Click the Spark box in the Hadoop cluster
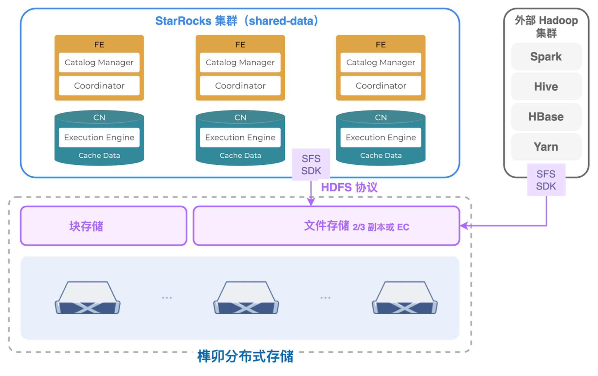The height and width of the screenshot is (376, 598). [x=546, y=57]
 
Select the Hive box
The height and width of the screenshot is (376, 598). [x=546, y=87]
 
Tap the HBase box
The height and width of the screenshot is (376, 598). [x=546, y=117]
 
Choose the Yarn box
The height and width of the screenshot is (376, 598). [x=546, y=147]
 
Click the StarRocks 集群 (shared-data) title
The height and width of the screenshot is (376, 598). [x=237, y=21]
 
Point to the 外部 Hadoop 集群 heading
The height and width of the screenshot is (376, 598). [x=546, y=26]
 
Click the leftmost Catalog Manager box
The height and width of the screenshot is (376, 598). [x=99, y=62]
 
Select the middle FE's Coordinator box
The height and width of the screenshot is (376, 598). [x=240, y=86]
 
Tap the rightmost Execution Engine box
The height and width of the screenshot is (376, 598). [x=381, y=137]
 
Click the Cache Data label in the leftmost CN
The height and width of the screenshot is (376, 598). [x=99, y=156]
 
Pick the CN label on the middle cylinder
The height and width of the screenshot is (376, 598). [x=240, y=117]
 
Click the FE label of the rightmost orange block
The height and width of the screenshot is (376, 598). [x=381, y=45]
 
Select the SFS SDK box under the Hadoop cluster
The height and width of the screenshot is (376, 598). [x=546, y=180]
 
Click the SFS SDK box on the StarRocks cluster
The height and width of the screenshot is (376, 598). [x=311, y=165]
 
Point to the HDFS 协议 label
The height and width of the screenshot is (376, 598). [x=349, y=187]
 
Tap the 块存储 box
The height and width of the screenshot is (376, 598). [x=86, y=226]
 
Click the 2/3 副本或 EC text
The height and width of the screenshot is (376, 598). [x=381, y=227]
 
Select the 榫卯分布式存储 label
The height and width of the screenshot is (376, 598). [x=245, y=356]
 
